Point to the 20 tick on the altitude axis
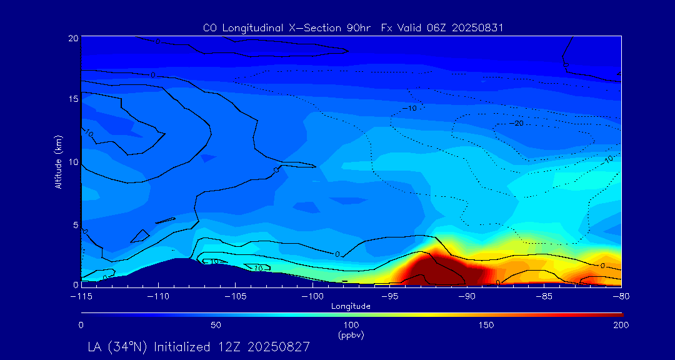coord(72,38)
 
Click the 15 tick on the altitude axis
coord(72,99)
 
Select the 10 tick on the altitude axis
coord(72,162)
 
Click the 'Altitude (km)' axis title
coord(58,162)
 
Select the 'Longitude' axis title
coord(351,306)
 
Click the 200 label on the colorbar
coord(621,325)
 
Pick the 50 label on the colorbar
coord(216,325)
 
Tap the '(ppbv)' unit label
coord(351,334)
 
